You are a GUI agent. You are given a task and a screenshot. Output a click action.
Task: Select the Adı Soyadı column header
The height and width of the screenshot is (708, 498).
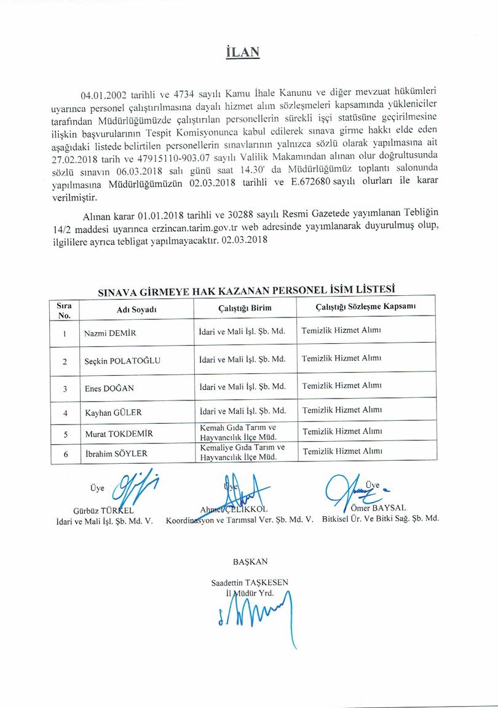click(136, 309)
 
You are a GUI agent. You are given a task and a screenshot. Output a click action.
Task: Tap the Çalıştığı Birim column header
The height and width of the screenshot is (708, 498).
click(245, 308)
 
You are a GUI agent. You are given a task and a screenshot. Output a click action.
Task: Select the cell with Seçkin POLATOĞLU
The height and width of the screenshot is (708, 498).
click(122, 361)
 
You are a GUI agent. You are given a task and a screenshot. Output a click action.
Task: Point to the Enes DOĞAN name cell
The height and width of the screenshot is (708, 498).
click(109, 388)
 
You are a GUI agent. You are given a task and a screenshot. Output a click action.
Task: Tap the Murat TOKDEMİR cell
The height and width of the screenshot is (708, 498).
click(118, 434)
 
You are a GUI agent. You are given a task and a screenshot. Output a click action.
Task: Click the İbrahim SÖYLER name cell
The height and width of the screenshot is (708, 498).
click(116, 454)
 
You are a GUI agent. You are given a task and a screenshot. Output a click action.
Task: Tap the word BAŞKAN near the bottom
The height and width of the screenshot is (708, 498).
click(250, 561)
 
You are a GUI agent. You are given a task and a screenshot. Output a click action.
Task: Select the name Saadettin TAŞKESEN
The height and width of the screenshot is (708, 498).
click(249, 582)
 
